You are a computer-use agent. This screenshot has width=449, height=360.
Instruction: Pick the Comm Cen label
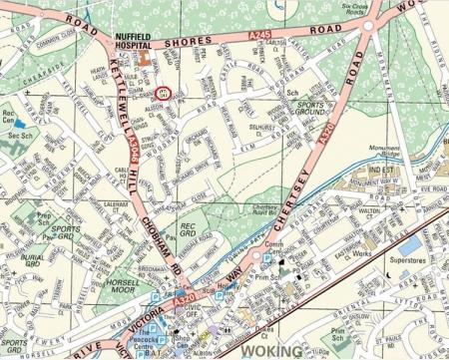point(275,247)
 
